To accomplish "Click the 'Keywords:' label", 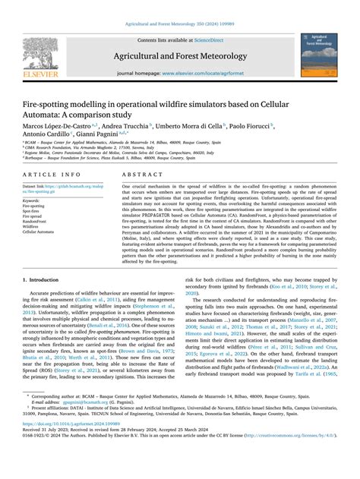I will pyautogui.click(x=33, y=201).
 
